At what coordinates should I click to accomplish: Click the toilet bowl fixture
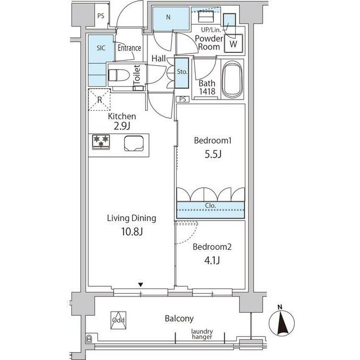(x=119, y=75)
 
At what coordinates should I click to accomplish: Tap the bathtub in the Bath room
(x=232, y=79)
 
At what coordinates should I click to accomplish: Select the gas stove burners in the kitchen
(x=101, y=142)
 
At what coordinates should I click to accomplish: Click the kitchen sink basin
(x=134, y=143)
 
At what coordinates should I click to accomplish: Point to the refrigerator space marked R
(x=100, y=100)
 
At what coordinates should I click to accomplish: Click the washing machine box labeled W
(x=233, y=43)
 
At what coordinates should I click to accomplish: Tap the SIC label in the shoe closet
(x=101, y=48)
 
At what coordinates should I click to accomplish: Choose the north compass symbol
(x=281, y=322)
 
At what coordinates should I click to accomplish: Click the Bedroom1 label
(x=213, y=140)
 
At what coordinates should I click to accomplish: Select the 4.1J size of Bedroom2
(x=212, y=260)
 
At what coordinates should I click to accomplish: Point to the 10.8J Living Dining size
(x=132, y=232)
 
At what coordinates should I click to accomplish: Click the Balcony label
(x=179, y=319)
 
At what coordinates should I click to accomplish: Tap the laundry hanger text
(x=202, y=334)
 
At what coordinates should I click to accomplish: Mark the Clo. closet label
(x=210, y=205)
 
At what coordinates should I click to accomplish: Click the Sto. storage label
(x=182, y=72)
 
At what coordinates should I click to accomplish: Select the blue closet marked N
(x=171, y=19)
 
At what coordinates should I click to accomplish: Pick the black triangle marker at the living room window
(x=141, y=285)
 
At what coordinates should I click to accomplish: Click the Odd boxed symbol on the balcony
(x=118, y=320)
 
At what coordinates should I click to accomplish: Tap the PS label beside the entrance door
(x=101, y=16)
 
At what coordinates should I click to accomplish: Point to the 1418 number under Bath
(x=207, y=92)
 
